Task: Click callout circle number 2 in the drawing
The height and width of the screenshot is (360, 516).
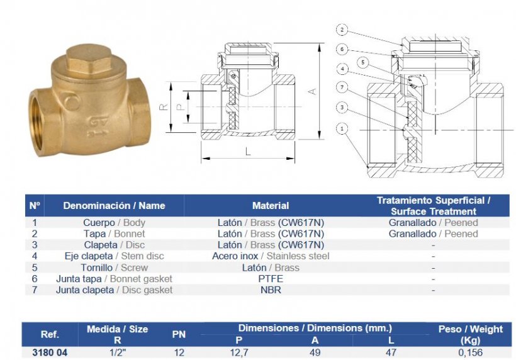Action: [342, 30]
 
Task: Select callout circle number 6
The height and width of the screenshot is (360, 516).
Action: [342, 49]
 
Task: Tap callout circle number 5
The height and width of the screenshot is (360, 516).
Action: [363, 62]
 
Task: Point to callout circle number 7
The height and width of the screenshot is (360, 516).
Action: [342, 87]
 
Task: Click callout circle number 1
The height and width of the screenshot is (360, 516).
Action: [342, 128]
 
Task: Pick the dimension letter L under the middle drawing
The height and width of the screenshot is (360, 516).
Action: [248, 151]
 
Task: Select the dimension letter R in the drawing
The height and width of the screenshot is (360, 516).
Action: [164, 107]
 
